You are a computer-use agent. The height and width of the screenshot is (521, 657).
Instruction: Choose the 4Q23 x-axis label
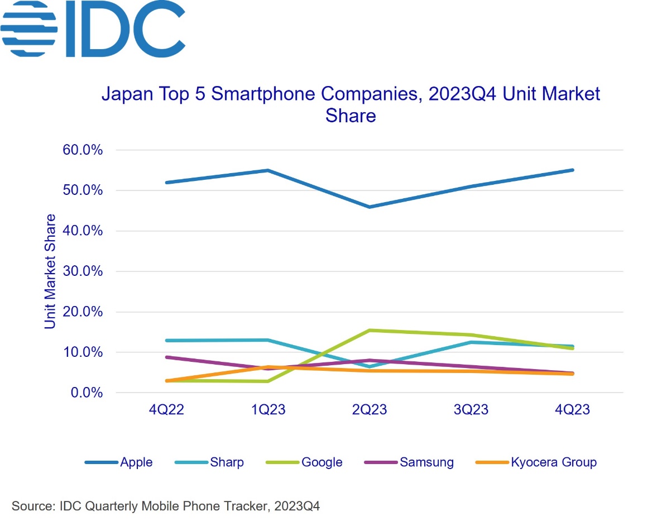pos(571,410)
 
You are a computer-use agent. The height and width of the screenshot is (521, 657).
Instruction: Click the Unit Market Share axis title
pos(51,271)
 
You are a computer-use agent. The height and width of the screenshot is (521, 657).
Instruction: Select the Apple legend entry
pos(136,462)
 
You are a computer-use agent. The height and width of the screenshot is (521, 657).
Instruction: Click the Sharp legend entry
pos(227,462)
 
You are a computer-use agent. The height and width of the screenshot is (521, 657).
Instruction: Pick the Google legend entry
pos(322,462)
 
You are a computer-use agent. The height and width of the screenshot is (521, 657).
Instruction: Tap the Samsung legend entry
pos(426,462)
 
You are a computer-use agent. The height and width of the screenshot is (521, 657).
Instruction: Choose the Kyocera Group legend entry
pos(553,462)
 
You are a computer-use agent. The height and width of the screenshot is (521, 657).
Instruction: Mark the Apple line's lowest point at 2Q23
pos(369,207)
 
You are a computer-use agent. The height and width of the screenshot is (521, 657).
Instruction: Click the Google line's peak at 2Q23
pos(369,331)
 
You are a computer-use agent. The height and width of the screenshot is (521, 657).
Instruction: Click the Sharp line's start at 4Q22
pos(166,341)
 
